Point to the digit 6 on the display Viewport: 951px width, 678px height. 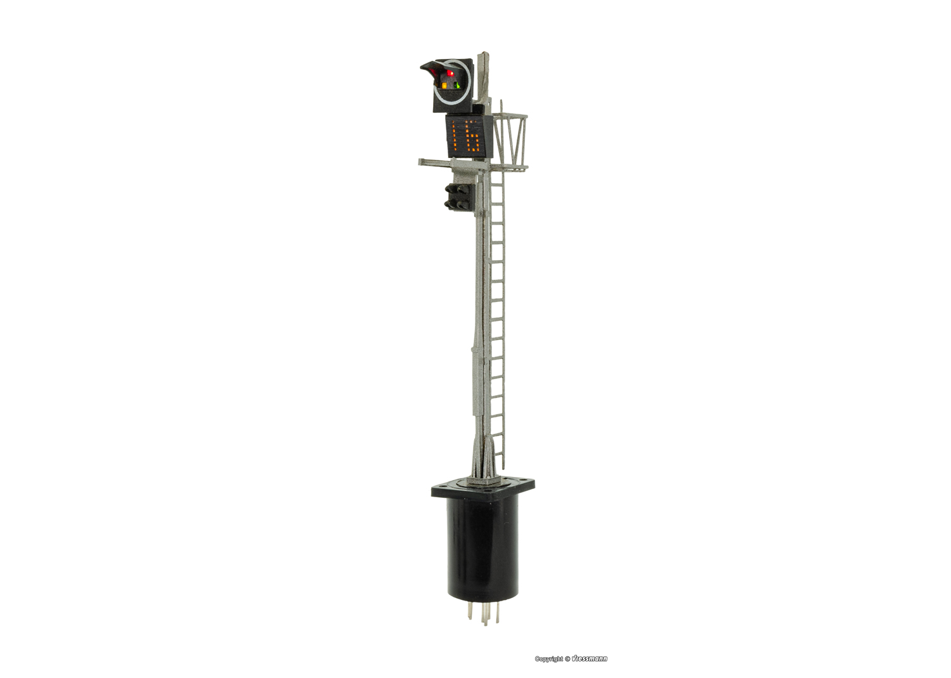tap(474, 137)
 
